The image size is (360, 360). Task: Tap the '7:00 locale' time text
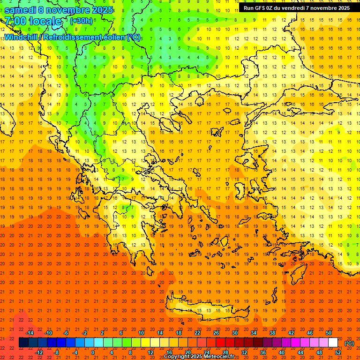pyautogui.click(x=33, y=21)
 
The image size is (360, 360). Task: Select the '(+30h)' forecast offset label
pyautogui.click(x=82, y=21)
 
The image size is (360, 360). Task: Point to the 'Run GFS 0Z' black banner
pyautogui.click(x=296, y=8)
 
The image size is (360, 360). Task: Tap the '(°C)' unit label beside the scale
pyautogui.click(x=349, y=343)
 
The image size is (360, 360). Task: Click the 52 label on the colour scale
pyautogui.click(x=338, y=352)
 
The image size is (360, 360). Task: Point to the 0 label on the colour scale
pyautogui.click(x=93, y=352)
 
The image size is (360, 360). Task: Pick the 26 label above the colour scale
pyautogui.click(x=216, y=333)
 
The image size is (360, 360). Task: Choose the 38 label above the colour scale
pyautogui.click(x=272, y=333)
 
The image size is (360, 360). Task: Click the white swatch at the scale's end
pyautogui.click(x=333, y=343)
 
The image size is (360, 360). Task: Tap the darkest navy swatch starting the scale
pyautogui.click(x=23, y=343)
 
